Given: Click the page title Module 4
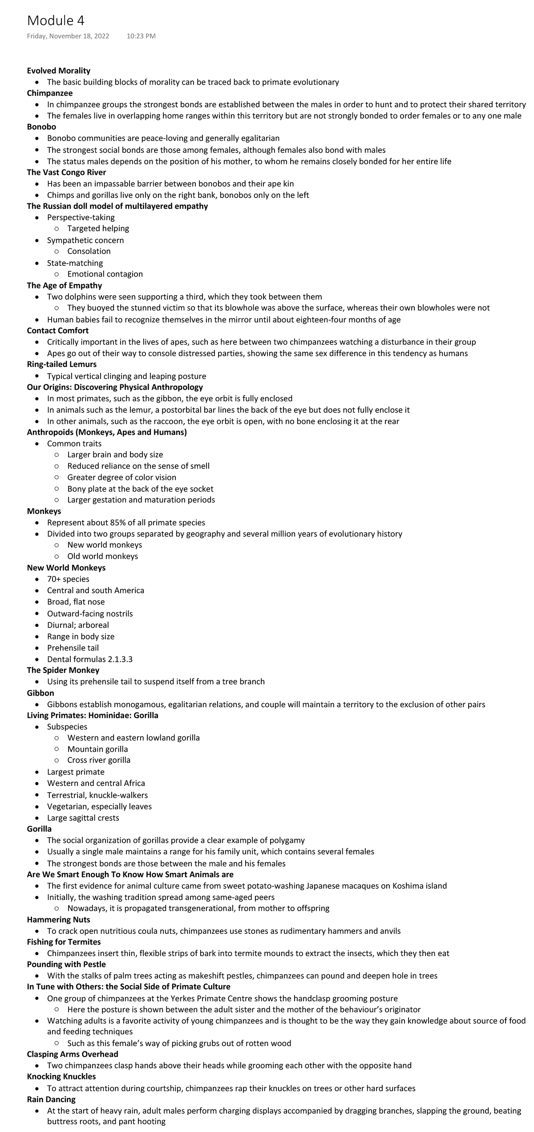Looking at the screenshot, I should pyautogui.click(x=56, y=20).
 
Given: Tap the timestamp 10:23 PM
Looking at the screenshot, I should pyautogui.click(x=141, y=36).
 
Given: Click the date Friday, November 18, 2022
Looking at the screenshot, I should pyautogui.click(x=68, y=36).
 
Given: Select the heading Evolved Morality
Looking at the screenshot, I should pyautogui.click(x=58, y=71).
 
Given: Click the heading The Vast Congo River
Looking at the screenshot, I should pyautogui.click(x=66, y=172).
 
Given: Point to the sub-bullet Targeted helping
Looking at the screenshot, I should pyautogui.click(x=98, y=228).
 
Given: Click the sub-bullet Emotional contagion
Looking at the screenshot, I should pyautogui.click(x=105, y=274).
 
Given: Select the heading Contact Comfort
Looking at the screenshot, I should pyautogui.click(x=57, y=330).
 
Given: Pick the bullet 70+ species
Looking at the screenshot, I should pyautogui.click(x=68, y=579).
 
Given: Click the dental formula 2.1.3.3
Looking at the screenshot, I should pyautogui.click(x=120, y=659).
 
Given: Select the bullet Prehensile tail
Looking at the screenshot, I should pyautogui.click(x=73, y=648).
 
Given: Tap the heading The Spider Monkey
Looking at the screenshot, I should pyautogui.click(x=63, y=670).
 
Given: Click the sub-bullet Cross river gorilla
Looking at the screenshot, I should pyautogui.click(x=99, y=760).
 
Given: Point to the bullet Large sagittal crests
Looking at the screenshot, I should pyautogui.click(x=83, y=818).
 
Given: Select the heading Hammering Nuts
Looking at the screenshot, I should pyautogui.click(x=58, y=920).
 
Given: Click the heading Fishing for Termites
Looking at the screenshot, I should pyautogui.click(x=64, y=942).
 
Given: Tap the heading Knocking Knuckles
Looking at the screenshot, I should pyautogui.click(x=61, y=1076).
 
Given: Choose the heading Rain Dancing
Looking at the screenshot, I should pyautogui.click(x=51, y=1099).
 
